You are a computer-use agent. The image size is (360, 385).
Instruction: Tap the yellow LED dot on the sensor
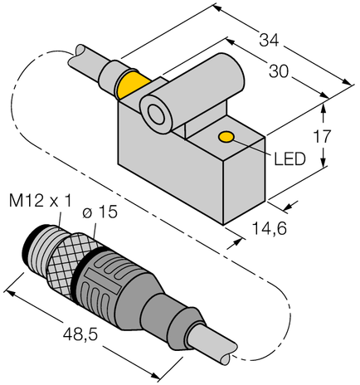[x=225, y=137]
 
